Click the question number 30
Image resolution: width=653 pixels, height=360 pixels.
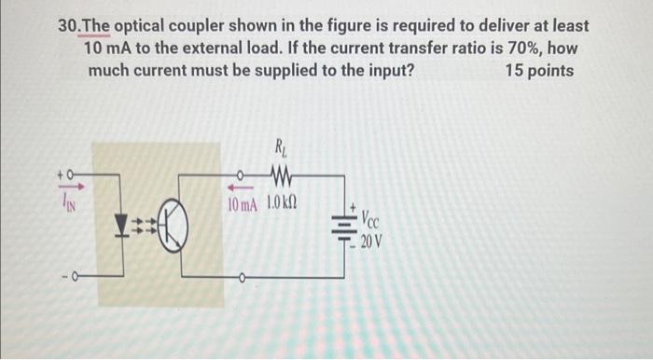tap(69, 25)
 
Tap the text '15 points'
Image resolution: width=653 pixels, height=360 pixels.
tap(539, 70)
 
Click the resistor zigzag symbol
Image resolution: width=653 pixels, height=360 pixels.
tap(280, 173)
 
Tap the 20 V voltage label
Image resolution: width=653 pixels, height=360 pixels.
tap(370, 242)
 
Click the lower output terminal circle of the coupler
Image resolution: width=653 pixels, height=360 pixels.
tap(242, 276)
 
